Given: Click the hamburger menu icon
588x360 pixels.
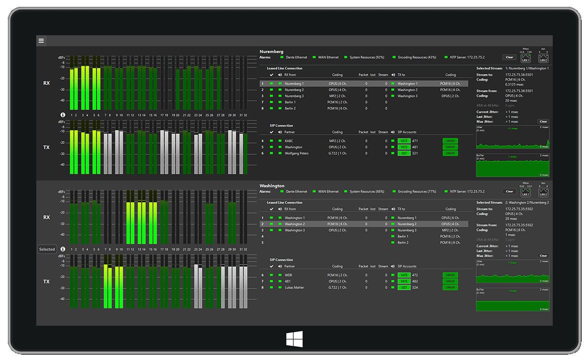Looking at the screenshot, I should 41,41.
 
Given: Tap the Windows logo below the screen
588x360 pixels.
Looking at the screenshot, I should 294,339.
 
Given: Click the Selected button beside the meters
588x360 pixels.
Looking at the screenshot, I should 47,249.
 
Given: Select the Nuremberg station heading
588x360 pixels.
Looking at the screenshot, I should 271,51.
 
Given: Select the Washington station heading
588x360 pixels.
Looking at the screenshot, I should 272,186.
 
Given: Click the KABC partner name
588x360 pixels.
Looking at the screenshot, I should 289,141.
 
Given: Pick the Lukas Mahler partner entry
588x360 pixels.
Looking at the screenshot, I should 294,288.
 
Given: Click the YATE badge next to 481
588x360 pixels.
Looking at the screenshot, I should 404,147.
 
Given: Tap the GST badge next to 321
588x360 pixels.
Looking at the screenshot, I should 404,153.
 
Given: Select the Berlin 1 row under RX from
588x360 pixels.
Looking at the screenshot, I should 290,102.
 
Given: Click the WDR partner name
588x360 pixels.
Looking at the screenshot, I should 289,275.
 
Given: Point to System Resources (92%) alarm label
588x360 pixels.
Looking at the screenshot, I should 367,57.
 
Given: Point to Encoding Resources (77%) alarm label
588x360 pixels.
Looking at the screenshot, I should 417,192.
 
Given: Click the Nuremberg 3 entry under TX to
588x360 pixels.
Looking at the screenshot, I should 407,230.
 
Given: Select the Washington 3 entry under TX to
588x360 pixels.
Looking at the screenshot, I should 407,96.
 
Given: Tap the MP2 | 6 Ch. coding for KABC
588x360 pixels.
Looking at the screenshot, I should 338,141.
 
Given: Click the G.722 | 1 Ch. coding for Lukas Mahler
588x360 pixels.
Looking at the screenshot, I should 338,288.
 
